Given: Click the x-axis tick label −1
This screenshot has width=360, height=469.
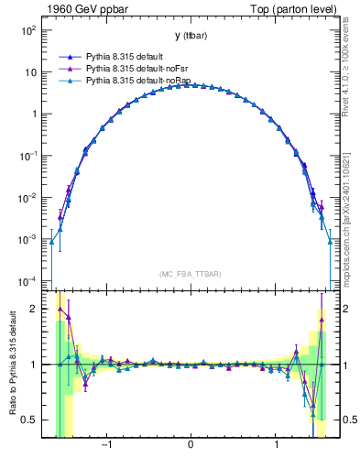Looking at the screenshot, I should (106, 446).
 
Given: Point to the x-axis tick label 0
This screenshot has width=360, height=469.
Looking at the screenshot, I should (190, 446).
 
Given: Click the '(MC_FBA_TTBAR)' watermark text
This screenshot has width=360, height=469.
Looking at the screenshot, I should (190, 274).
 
